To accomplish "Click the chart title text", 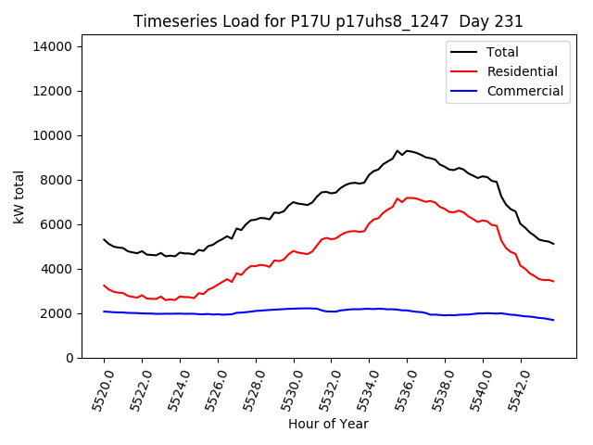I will click(328, 21).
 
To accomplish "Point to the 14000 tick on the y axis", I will click(59, 46).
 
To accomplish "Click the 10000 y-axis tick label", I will click(59, 135).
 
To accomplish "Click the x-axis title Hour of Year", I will click(328, 425).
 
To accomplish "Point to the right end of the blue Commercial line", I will click(553, 320).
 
